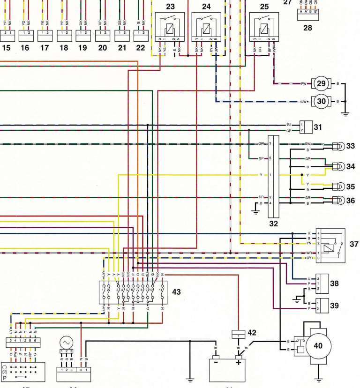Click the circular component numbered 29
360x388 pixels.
click(321, 83)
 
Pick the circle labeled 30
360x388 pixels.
click(321, 101)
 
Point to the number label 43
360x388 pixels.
click(176, 291)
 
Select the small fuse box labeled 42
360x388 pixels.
click(239, 334)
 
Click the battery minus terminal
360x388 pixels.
click(216, 363)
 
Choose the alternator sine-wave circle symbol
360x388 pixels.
click(65, 341)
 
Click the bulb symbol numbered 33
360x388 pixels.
click(338, 146)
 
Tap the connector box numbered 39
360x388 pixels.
click(322, 305)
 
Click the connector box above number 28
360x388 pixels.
click(307, 13)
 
